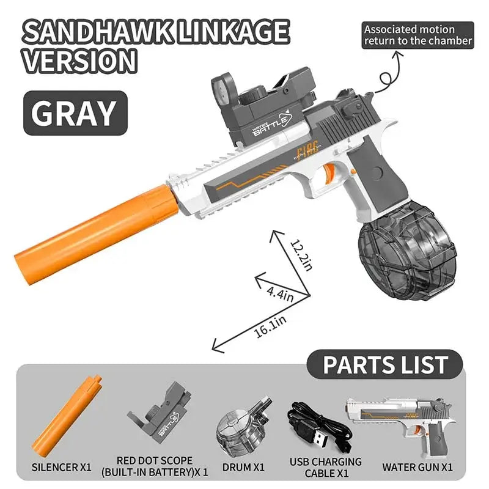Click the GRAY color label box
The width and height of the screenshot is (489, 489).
coord(74,112)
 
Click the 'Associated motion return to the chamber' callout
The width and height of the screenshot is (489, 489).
coord(418,35)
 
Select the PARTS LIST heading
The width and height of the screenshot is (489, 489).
coord(385,365)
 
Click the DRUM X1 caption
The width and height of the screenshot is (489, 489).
coord(241,468)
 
